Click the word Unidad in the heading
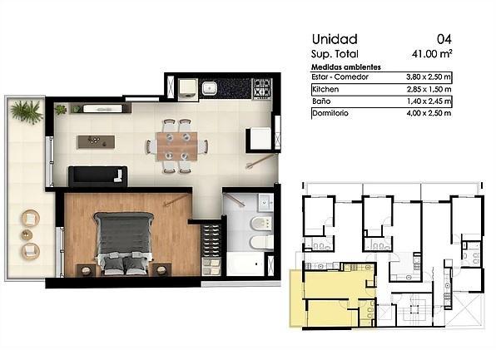tap(335, 39)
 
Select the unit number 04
tap(444, 39)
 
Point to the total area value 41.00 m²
tap(432, 54)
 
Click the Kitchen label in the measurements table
tap(325, 90)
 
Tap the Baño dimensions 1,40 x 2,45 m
tap(429, 101)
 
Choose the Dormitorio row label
tap(330, 113)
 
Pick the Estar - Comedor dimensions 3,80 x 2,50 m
tap(429, 76)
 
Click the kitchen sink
tap(209, 88)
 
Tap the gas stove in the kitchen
tap(262, 88)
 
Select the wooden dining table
tap(177, 146)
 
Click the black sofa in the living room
tap(97, 177)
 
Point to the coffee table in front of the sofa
tap(97, 141)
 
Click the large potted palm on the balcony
tap(27, 111)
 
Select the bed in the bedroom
tap(123, 243)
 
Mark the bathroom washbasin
tap(265, 202)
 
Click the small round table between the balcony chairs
tap(27, 234)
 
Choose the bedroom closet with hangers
tap(211, 249)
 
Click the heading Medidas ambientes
tap(346, 67)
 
